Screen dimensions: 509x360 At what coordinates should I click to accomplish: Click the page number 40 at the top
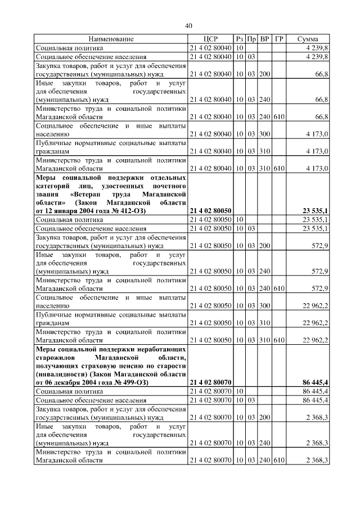click(x=188, y=25)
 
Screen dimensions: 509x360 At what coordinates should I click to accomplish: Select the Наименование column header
click(x=111, y=39)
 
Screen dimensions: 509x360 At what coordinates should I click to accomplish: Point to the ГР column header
click(x=279, y=39)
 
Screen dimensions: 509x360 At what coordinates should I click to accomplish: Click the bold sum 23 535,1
click(x=316, y=211)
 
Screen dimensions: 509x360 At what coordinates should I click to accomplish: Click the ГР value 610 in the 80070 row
click(x=279, y=460)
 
